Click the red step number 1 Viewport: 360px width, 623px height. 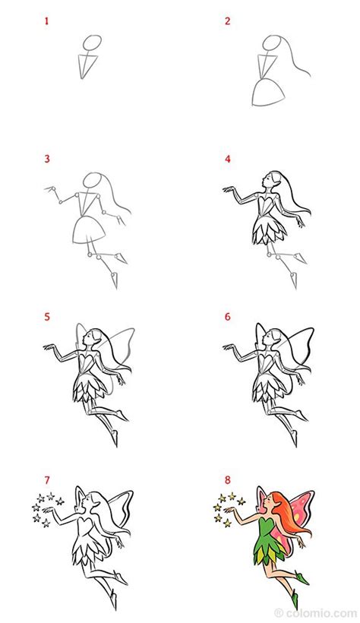(47, 22)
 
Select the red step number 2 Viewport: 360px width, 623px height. (227, 22)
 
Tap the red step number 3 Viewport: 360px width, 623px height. (47, 160)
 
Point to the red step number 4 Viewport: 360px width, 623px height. (227, 160)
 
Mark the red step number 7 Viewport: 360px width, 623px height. (47, 480)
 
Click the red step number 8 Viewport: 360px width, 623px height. (227, 480)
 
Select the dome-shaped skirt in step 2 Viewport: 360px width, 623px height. (267, 91)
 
